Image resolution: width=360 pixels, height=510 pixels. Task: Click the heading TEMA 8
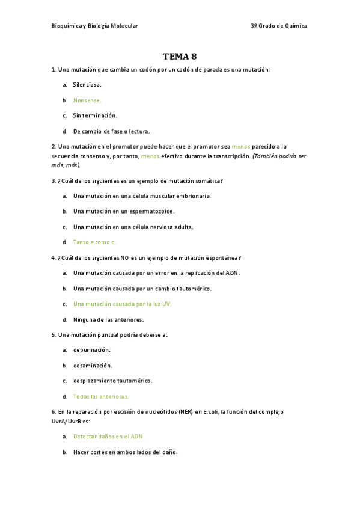tap(180, 57)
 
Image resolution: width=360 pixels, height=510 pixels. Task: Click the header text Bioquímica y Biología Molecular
tap(95, 26)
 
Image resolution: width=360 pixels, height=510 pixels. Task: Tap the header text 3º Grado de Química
tap(279, 26)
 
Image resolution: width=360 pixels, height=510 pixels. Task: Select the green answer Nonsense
tap(87, 100)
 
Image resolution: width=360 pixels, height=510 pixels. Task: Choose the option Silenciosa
tap(87, 85)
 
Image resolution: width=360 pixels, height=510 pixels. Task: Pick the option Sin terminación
tap(95, 115)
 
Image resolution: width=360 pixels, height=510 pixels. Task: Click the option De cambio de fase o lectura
tap(111, 131)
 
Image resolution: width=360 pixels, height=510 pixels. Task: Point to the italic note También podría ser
tap(279, 156)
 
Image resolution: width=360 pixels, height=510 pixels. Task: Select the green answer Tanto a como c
tap(94, 242)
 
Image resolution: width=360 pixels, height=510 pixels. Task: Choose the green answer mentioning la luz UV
tap(122, 304)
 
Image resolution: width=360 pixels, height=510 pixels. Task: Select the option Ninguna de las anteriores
tap(108, 319)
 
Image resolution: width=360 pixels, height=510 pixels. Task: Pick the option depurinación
tap(92, 349)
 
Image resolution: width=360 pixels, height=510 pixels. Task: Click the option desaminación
tap(93, 365)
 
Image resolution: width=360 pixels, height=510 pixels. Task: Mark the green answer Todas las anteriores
tap(101, 396)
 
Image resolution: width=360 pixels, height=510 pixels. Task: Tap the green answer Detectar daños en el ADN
tap(109, 436)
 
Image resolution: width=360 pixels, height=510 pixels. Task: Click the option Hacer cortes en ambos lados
tap(125, 452)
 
